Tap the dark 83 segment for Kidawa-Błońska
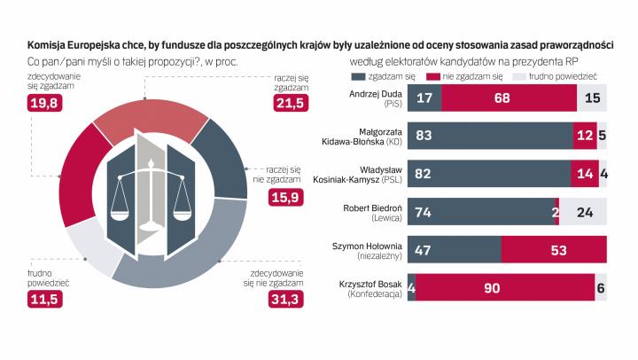[490, 135]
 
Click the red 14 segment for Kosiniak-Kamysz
[585, 173]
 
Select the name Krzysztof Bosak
[368, 283]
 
